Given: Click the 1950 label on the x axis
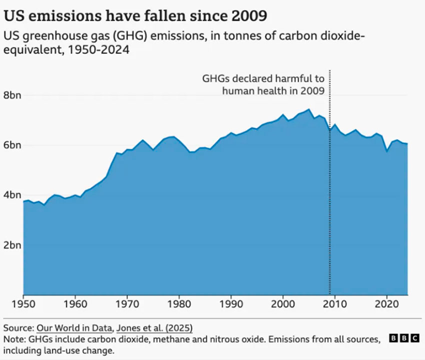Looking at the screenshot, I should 23,303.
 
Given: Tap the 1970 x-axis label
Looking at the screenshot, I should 127,303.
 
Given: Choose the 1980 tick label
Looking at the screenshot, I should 179,303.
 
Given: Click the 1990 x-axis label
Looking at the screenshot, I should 231,303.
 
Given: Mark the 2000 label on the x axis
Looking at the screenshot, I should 283,303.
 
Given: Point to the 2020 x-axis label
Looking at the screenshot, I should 386,303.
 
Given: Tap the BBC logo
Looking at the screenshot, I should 404,339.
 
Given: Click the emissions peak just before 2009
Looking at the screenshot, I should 308,109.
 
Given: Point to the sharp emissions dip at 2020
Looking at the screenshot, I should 386,151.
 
